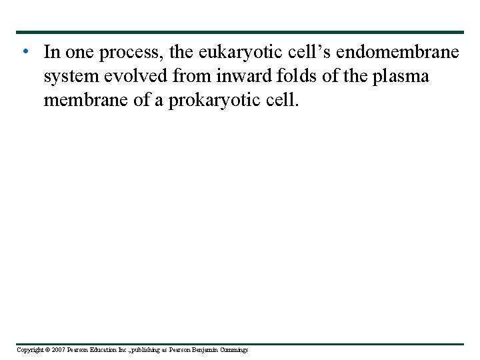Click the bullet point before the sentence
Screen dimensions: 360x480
(25, 52)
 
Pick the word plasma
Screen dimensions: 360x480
(401, 77)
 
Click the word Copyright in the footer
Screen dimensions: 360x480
(29, 350)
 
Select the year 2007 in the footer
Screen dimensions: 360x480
(58, 349)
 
